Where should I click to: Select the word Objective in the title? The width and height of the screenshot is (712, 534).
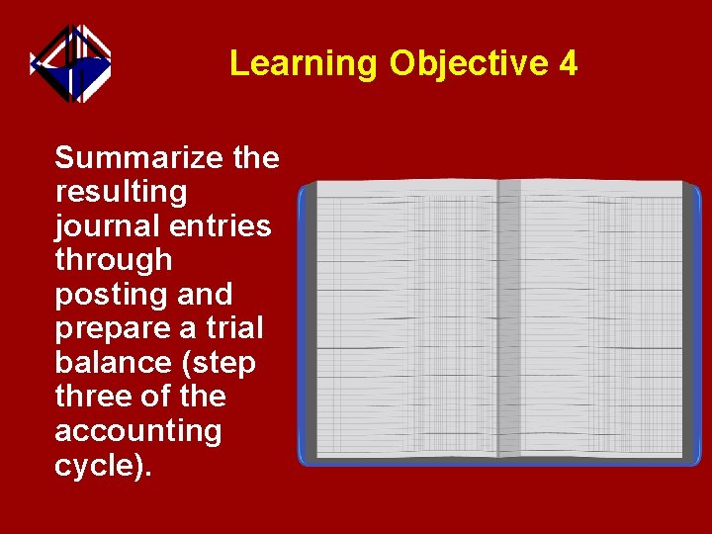tap(469, 64)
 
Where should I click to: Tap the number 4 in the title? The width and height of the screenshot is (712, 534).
tap(568, 64)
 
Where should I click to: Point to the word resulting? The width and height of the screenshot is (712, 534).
tap(121, 192)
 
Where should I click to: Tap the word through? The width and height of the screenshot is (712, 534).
tap(113, 260)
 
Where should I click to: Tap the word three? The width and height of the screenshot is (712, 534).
tap(91, 397)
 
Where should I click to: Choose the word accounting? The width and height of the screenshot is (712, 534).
tap(137, 431)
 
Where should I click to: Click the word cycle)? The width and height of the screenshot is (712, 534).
tap(104, 466)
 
